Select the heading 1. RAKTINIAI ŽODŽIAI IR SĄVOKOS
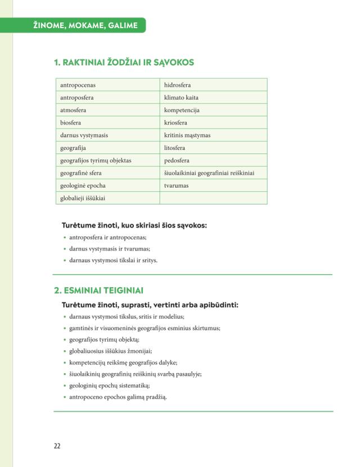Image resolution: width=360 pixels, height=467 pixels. point(124,62)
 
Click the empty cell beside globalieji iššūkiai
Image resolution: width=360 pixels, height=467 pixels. point(213,198)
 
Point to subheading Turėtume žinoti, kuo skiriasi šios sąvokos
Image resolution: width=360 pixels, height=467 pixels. point(134,225)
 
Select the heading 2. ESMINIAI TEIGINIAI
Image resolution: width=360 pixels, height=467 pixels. point(98,291)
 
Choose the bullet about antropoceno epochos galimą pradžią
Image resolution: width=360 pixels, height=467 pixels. point(118,397)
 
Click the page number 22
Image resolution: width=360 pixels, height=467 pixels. point(57,446)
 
